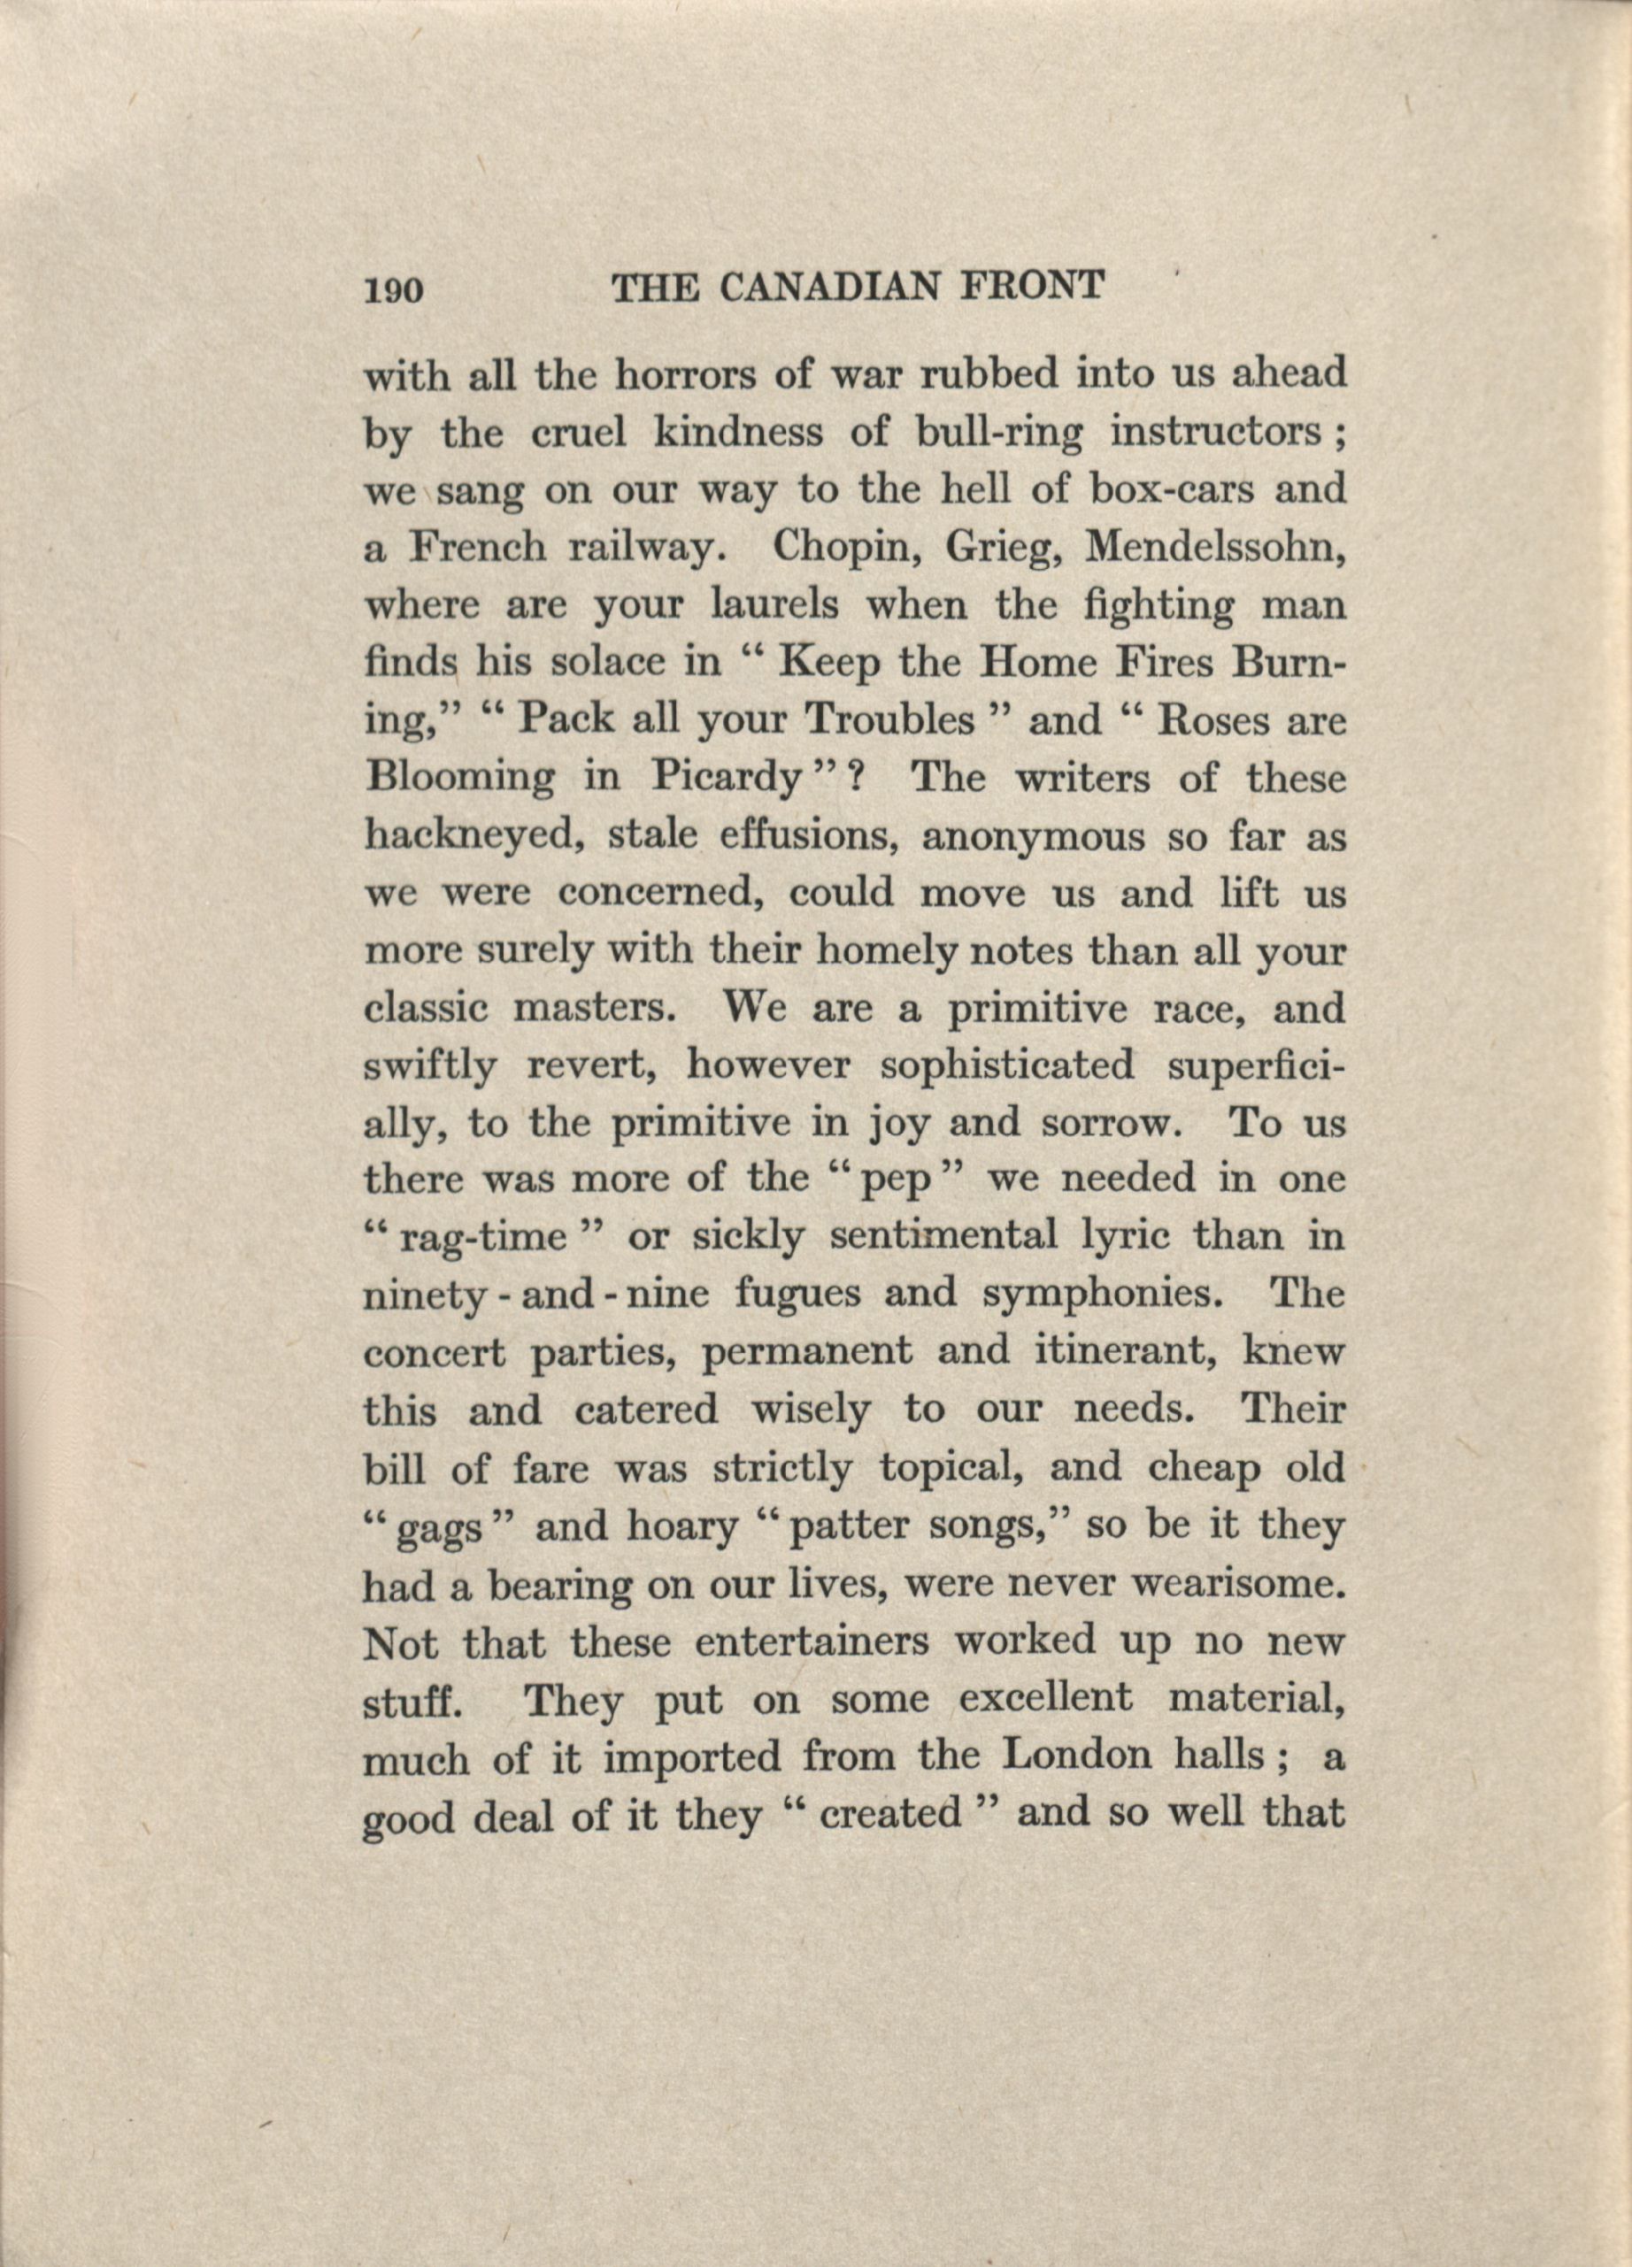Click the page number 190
395,290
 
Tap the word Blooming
459,780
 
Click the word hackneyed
473,838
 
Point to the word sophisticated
1007,1067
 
